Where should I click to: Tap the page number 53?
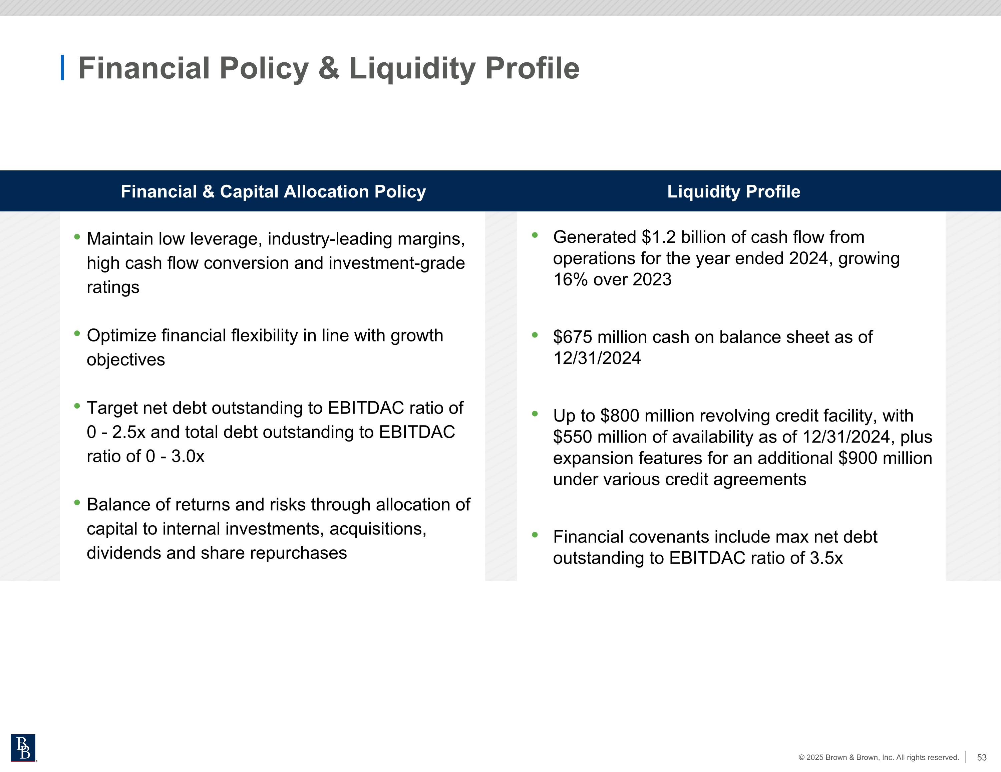pyautogui.click(x=981, y=757)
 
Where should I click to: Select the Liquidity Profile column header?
pyautogui.click(x=733, y=191)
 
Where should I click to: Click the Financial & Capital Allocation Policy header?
pyautogui.click(x=273, y=191)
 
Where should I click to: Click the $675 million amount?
pyautogui.click(x=596, y=337)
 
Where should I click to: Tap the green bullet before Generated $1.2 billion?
pyautogui.click(x=535, y=235)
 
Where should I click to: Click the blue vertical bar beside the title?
pyautogui.click(x=62, y=68)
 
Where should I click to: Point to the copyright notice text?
pyautogui.click(x=878, y=757)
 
